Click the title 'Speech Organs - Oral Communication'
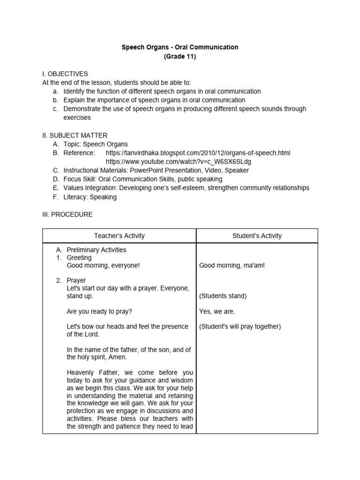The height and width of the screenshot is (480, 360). click(x=180, y=47)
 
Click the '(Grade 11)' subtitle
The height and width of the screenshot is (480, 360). click(x=180, y=57)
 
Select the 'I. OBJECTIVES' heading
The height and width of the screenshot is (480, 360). click(x=65, y=74)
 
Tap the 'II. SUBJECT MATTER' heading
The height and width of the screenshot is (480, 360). click(x=75, y=135)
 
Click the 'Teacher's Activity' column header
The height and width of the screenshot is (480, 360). click(x=120, y=236)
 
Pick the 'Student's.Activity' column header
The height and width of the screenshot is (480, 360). click(x=257, y=236)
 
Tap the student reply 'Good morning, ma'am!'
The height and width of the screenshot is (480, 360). click(x=232, y=265)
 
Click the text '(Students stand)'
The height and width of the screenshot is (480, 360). click(x=223, y=296)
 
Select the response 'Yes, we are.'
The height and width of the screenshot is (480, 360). click(x=217, y=311)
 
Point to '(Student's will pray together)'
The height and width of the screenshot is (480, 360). click(x=240, y=327)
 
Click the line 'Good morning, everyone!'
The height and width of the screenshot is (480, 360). click(x=103, y=265)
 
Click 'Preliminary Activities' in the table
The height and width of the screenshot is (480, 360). click(x=96, y=250)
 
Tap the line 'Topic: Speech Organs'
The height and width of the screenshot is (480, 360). click(x=96, y=144)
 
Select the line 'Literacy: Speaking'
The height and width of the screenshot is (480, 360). click(x=90, y=197)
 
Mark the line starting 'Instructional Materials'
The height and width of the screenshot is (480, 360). click(x=156, y=171)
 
